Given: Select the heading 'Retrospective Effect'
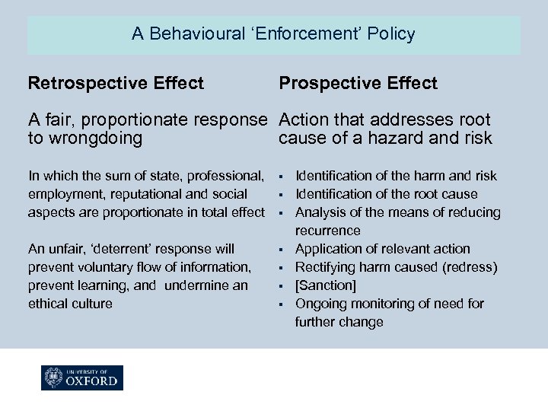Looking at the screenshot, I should (116, 83).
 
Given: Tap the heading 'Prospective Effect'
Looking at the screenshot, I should (358, 83).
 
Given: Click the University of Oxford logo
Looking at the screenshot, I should (82, 378).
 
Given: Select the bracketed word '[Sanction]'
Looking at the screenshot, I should (326, 285).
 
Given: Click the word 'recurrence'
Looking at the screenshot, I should (327, 231).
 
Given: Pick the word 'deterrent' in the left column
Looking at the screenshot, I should (132, 249).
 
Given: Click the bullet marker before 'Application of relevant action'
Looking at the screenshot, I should (281, 249).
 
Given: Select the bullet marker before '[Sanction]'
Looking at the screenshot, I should (281, 285).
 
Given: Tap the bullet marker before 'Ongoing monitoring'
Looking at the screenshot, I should (281, 304).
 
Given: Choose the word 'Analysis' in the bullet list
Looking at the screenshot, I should (320, 212).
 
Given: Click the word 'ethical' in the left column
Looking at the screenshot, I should (49, 304).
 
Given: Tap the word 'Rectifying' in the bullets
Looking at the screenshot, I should (324, 267).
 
